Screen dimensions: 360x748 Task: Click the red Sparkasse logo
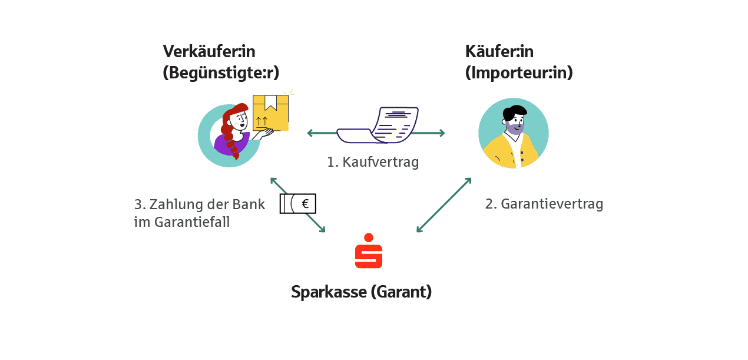point(369,252)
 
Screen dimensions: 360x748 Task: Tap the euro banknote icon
point(298,204)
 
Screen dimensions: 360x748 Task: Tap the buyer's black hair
point(513,112)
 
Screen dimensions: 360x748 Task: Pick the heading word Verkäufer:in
point(209,52)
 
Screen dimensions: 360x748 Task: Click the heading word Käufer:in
point(499,52)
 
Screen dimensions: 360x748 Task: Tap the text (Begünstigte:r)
point(221,73)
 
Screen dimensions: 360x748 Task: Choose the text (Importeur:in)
point(519,73)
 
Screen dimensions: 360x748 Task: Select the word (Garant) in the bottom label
point(401,292)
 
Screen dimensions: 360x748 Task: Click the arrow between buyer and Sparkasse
point(444,204)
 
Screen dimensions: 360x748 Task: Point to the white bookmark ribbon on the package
point(271,103)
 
